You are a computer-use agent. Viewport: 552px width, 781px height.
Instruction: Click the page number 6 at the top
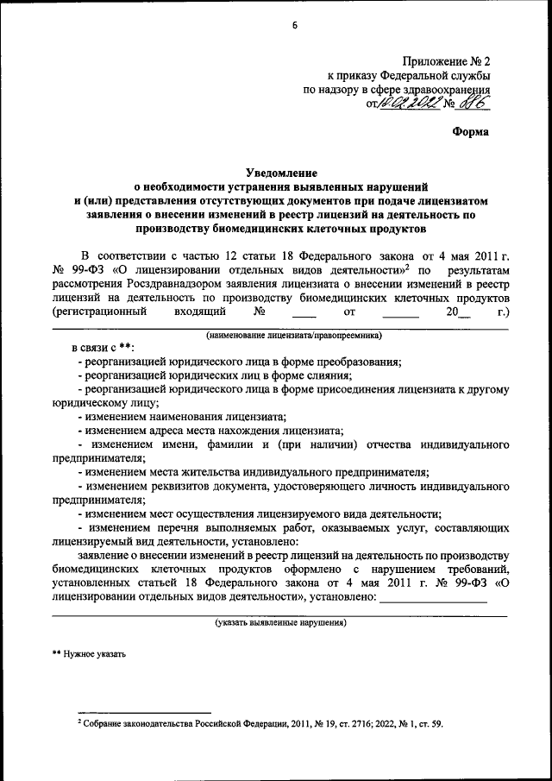[x=294, y=25]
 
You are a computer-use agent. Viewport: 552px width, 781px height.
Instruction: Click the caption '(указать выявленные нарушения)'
[x=280, y=621]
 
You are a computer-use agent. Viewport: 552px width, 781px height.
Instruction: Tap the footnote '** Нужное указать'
[x=89, y=653]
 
